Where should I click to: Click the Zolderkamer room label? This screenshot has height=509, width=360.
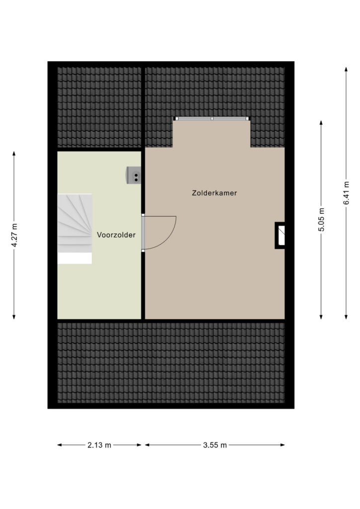tap(214, 193)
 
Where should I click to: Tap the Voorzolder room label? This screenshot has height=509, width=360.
tap(116, 235)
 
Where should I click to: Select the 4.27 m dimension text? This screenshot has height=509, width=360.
tap(14, 235)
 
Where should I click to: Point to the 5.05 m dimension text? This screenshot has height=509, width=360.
tap(321, 219)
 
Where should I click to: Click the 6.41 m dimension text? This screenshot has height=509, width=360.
tap(346, 192)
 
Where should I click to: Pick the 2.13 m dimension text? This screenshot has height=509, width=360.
tap(99, 445)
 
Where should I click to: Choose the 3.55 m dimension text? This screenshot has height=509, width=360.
tap(215, 445)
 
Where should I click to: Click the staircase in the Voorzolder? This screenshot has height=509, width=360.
tap(75, 223)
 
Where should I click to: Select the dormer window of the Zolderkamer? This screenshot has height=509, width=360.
tap(212, 119)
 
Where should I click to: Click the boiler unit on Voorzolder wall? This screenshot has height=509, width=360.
tap(134, 175)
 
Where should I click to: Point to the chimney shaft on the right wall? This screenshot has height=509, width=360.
tap(280, 235)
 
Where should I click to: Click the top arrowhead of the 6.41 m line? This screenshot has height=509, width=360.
tap(346, 69)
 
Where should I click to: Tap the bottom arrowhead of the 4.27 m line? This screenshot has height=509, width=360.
tap(14, 317)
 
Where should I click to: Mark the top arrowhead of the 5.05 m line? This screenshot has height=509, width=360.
tap(321, 122)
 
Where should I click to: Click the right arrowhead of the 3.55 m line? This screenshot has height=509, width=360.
tap(283, 445)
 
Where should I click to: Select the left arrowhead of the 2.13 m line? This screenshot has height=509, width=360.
tap(60, 445)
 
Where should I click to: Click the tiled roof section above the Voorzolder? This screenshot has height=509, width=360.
tap(99, 107)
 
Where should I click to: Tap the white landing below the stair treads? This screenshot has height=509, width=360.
tap(75, 258)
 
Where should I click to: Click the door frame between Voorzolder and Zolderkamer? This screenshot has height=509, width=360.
tap(143, 233)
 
